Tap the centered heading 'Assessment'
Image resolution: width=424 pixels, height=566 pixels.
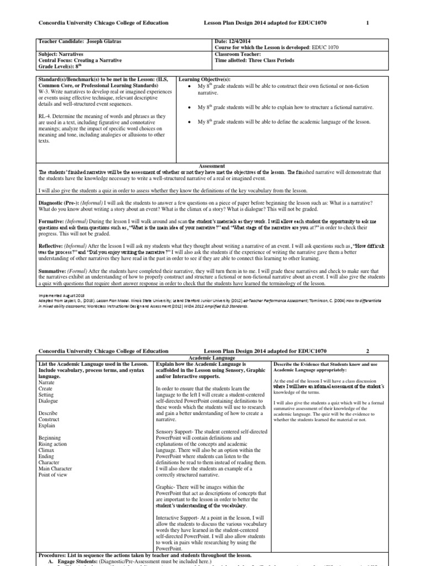(212, 165)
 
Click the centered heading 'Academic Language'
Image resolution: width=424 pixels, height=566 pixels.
(212, 358)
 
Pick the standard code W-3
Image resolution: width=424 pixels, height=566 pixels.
(44, 91)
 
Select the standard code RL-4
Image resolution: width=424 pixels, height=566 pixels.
(46, 117)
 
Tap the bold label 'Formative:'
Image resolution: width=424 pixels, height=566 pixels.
(51, 221)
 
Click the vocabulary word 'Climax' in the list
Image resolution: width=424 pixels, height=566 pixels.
(47, 449)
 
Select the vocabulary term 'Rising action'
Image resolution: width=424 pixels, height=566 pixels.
(54, 443)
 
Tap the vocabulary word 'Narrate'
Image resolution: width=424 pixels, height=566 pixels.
(47, 382)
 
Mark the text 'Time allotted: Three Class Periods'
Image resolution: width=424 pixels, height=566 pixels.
(255, 60)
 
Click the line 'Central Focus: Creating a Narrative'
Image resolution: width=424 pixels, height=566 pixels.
(81, 60)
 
